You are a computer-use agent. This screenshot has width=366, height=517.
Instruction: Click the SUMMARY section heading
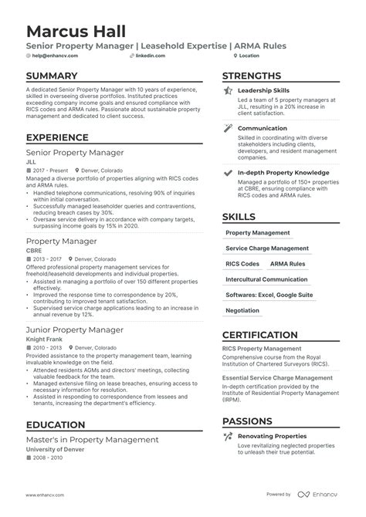pyautogui.click(x=52, y=76)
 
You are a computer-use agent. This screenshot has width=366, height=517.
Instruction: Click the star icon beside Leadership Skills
pyautogui.click(x=227, y=91)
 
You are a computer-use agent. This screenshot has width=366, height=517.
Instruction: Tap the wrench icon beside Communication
pyautogui.click(x=227, y=129)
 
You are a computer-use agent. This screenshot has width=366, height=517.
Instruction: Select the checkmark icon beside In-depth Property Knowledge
pyautogui.click(x=227, y=173)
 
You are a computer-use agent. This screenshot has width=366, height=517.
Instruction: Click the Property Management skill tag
pyautogui.click(x=259, y=232)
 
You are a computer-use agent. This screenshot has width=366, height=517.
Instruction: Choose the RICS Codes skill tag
pyautogui.click(x=242, y=264)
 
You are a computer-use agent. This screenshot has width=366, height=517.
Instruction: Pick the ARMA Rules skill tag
pyautogui.click(x=287, y=264)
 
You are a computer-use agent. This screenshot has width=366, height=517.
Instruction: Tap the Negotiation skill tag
pyautogui.click(x=242, y=310)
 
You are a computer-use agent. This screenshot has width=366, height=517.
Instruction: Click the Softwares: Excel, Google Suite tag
pyautogui.click(x=269, y=295)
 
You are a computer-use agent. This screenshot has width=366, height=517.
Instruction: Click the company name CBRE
pyautogui.click(x=34, y=250)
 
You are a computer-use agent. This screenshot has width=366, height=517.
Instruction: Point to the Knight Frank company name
pyautogui.click(x=43, y=339)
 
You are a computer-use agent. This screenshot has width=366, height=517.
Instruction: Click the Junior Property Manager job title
pyautogui.click(x=75, y=329)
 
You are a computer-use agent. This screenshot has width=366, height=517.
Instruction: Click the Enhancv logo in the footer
pyautogui.click(x=320, y=494)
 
